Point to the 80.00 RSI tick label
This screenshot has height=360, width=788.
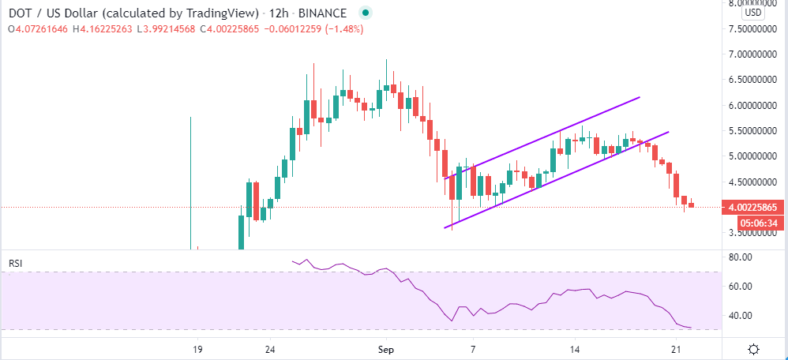740,257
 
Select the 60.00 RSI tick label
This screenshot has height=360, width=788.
740,287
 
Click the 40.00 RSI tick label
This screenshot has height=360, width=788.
740,316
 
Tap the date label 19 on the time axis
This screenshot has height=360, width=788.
197,349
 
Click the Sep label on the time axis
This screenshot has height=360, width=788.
385,349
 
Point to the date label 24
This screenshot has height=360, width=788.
270,349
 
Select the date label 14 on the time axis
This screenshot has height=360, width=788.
576,349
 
